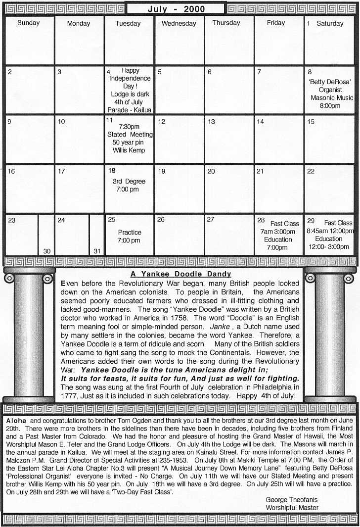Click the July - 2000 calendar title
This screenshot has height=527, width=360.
pyautogui.click(x=176, y=8)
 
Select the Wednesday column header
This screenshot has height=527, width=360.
pyautogui.click(x=179, y=23)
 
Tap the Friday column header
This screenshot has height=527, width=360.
pyautogui.click(x=276, y=23)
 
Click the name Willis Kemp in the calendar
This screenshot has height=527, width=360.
pyautogui.click(x=129, y=150)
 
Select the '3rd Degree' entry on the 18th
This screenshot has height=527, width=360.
pyautogui.click(x=129, y=182)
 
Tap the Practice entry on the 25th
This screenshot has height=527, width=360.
pyautogui.click(x=130, y=233)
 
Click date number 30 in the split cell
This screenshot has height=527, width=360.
pyautogui.click(x=46, y=251)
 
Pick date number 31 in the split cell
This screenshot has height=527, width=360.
pyautogui.click(x=97, y=251)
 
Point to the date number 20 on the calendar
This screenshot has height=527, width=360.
pyautogui.click(x=211, y=171)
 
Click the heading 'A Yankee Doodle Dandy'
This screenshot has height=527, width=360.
pyautogui.click(x=181, y=274)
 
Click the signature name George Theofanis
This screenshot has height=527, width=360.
pyautogui.click(x=292, y=500)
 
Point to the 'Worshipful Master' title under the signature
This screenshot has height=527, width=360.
pyautogui.click(x=292, y=508)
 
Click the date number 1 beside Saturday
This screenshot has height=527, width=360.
pyautogui.click(x=308, y=23)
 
